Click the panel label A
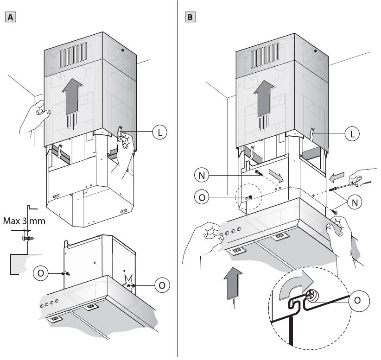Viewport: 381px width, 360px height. pyautogui.click(x=11, y=18)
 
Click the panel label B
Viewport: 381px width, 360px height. pyautogui.click(x=190, y=18)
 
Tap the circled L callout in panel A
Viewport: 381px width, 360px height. pyautogui.click(x=159, y=133)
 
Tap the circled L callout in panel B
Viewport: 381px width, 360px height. pyautogui.click(x=352, y=133)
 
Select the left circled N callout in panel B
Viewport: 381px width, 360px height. pyautogui.click(x=202, y=176)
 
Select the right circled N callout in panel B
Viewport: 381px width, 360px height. pyautogui.click(x=355, y=202)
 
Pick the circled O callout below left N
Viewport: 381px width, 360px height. pyautogui.click(x=202, y=197)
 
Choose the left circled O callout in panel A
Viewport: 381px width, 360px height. pyautogui.click(x=41, y=273)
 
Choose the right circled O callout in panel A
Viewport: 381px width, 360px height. pyautogui.click(x=162, y=285)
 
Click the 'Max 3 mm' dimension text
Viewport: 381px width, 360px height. pyautogui.click(x=24, y=221)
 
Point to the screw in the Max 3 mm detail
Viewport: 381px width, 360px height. pyautogui.click(x=28, y=238)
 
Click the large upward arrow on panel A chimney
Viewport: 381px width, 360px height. pyautogui.click(x=72, y=97)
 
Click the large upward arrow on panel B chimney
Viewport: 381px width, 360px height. pyautogui.click(x=264, y=98)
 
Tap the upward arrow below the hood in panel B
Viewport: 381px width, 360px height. pyautogui.click(x=233, y=283)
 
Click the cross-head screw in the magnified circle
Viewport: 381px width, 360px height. pyautogui.click(x=311, y=297)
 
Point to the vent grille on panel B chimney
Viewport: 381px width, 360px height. pyautogui.click(x=265, y=56)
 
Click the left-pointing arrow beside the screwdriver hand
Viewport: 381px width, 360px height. pyautogui.click(x=337, y=177)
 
